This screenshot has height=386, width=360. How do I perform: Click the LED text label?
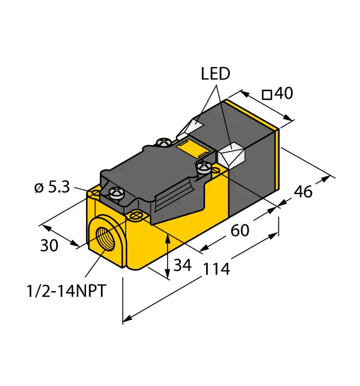pyautogui.click(x=215, y=74)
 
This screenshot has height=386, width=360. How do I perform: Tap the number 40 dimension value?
pyautogui.click(x=284, y=94)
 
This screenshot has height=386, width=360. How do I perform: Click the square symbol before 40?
pyautogui.click(x=267, y=95)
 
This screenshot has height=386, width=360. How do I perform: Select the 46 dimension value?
pyautogui.click(x=303, y=192)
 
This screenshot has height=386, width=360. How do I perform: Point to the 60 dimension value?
pyautogui.click(x=240, y=230)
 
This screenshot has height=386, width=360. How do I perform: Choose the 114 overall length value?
pyautogui.click(x=216, y=269)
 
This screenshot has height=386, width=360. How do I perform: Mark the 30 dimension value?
pyautogui.click(x=49, y=246)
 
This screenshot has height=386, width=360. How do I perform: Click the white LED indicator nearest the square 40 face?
pyautogui.click(x=232, y=154)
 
